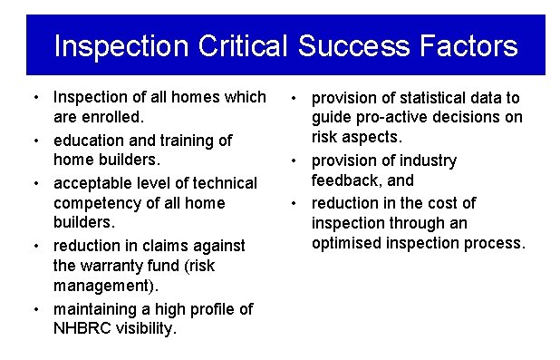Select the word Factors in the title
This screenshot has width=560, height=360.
click(468, 45)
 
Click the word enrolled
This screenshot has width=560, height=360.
click(110, 118)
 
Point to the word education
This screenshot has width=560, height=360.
click(92, 140)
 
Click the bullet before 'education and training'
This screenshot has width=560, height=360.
click(34, 141)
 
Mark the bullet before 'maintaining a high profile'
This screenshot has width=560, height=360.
click(34, 309)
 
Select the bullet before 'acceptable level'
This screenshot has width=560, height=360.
click(34, 183)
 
